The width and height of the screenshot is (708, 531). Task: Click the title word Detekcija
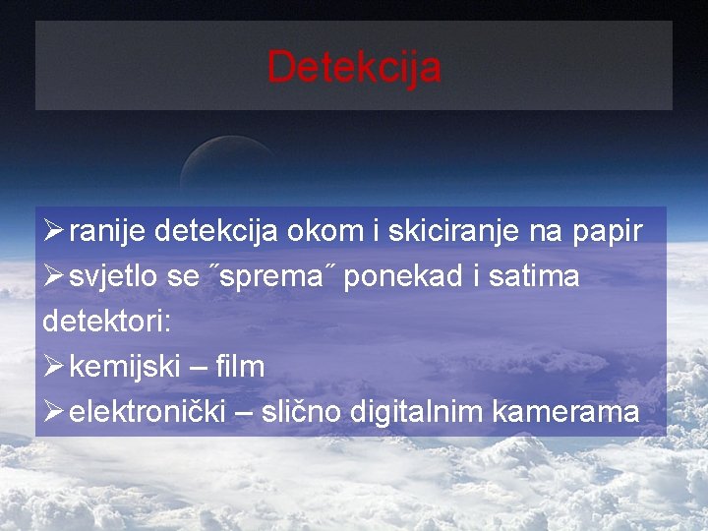coord(354,67)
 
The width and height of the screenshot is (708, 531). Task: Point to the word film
coord(240,367)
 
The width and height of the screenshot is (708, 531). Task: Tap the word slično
coord(304,412)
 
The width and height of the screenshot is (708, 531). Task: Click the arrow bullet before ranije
coord(53,232)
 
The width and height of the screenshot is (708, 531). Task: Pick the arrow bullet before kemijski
coord(53,367)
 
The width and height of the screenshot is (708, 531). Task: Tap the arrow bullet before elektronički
coord(53,412)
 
